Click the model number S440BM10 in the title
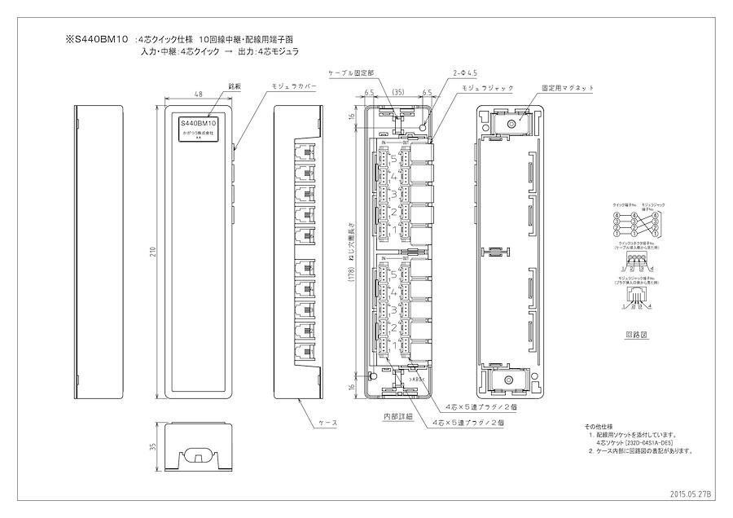coord(101,38)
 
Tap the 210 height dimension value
coord(152,252)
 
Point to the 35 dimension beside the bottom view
coord(151,446)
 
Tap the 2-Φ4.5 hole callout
coord(465,73)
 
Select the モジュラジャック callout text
coord(483,86)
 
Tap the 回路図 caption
coord(636,334)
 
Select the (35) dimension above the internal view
coord(399,93)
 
